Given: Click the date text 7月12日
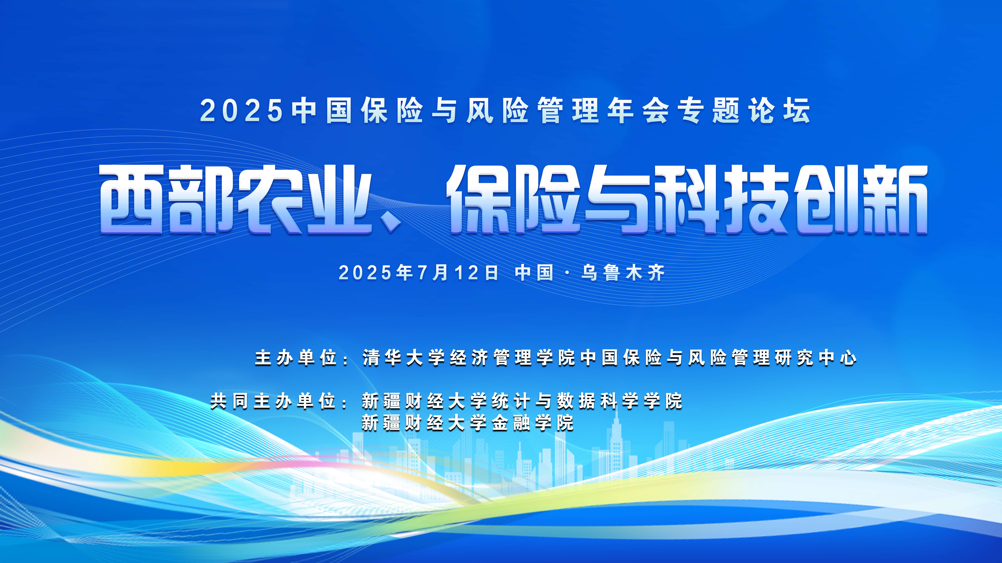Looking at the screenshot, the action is click(x=458, y=273).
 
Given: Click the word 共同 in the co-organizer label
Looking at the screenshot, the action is click(x=229, y=401).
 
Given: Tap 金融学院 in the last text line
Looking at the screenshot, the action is click(x=533, y=423).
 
